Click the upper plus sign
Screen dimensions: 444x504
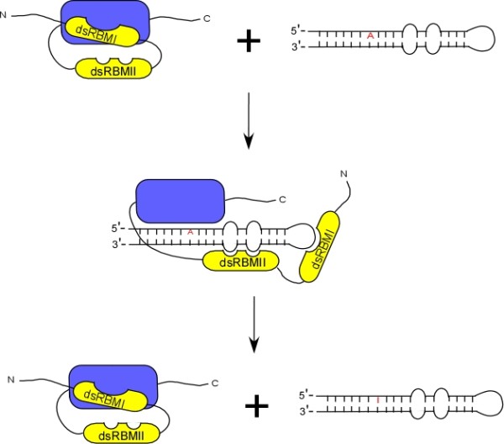coord(247,40)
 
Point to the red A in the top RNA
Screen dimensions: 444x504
coord(370,35)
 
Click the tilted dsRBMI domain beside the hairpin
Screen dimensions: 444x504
coord(321,248)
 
